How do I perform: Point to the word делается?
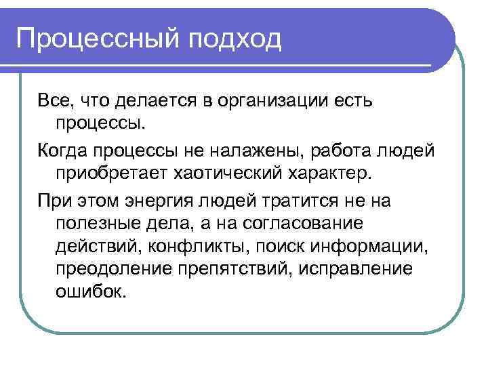[155, 101]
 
